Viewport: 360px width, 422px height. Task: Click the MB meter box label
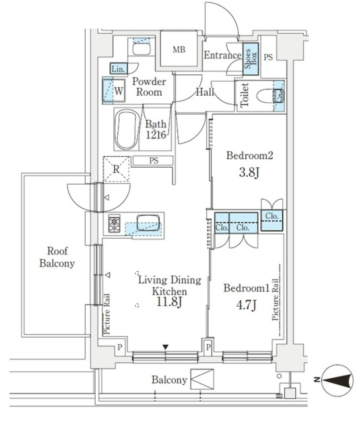click(x=179, y=50)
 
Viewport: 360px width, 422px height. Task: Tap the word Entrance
click(x=222, y=55)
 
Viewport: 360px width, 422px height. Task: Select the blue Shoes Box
click(x=250, y=59)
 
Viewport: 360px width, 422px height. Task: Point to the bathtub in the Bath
click(x=126, y=129)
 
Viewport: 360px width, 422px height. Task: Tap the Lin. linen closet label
click(x=118, y=69)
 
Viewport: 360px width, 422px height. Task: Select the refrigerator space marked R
click(x=116, y=169)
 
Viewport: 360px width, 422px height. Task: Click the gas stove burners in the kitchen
click(x=114, y=223)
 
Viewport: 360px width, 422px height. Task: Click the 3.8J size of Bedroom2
click(x=249, y=172)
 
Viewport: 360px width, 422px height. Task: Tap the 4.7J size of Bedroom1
click(x=246, y=305)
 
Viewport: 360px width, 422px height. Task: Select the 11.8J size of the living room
click(x=169, y=302)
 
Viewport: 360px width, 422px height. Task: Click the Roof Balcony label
click(x=57, y=257)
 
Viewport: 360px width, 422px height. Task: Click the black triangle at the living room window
click(x=165, y=347)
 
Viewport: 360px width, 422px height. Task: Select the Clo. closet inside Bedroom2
click(x=271, y=220)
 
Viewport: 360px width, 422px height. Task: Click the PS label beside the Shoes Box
click(x=268, y=57)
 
